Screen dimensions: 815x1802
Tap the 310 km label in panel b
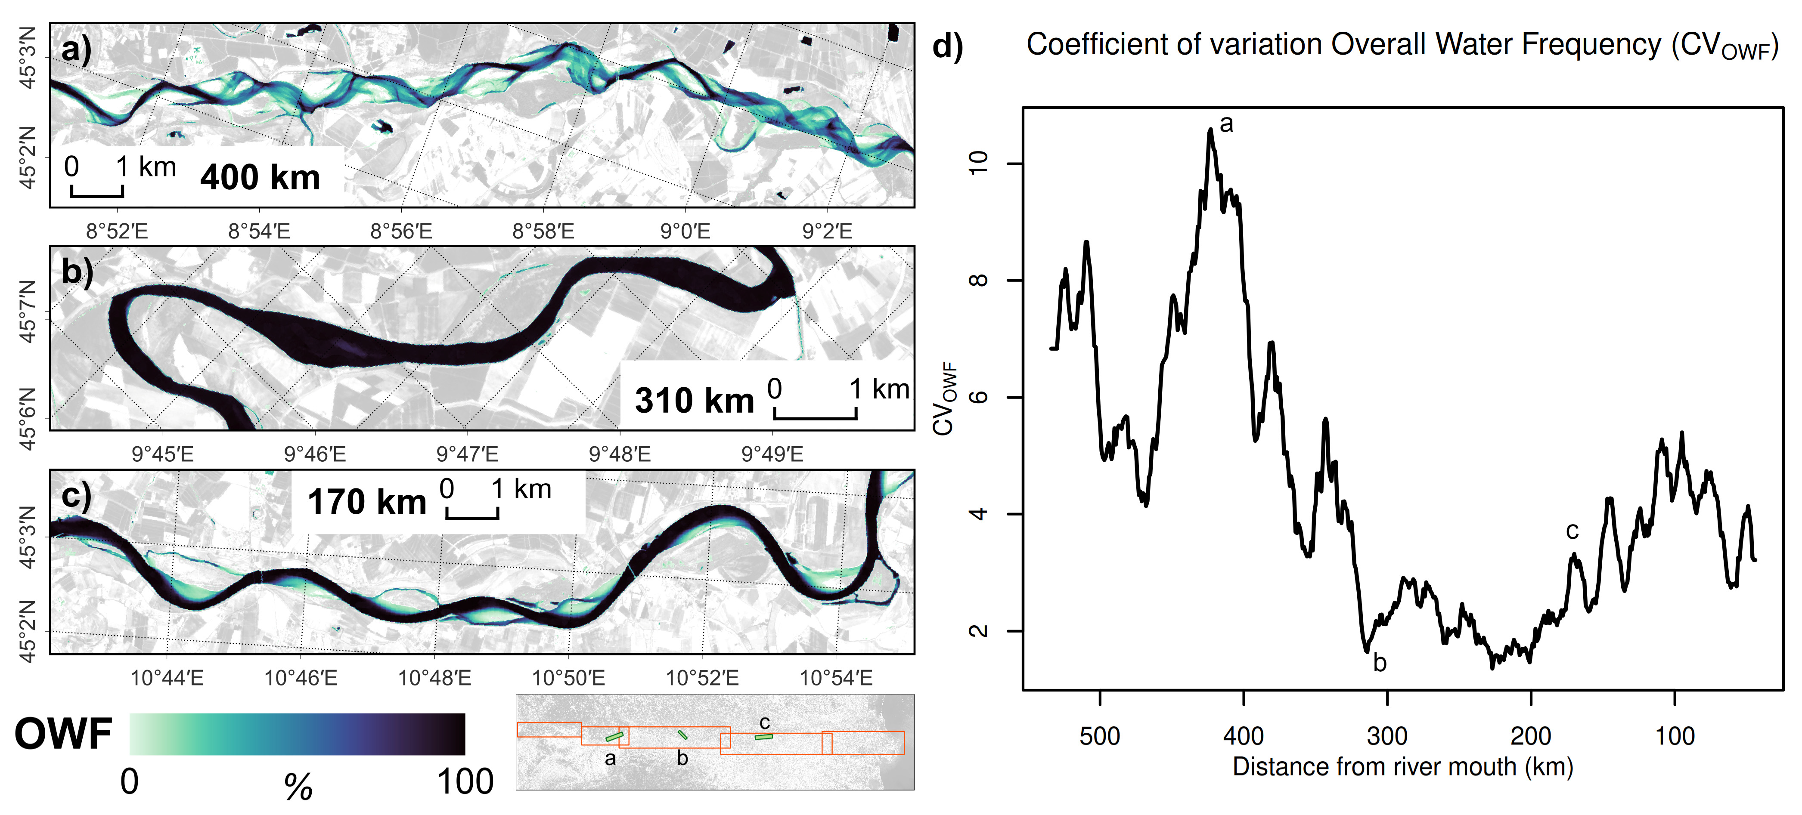694,401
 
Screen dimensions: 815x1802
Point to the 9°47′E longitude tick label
467,454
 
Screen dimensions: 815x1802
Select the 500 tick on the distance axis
1100,736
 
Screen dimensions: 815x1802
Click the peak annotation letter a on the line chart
1226,124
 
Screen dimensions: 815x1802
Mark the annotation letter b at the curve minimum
1380,662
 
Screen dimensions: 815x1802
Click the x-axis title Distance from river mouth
1402,767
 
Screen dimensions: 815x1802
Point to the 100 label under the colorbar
465,781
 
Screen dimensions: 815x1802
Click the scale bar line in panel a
97,195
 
